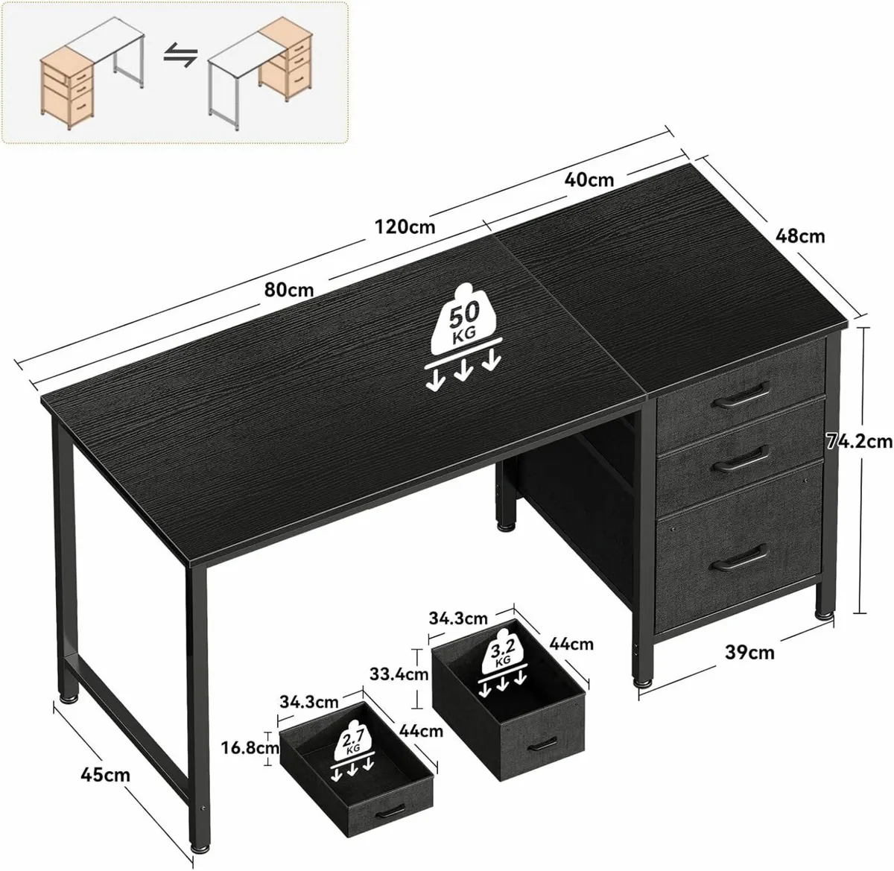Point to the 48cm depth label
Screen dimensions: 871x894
click(800, 236)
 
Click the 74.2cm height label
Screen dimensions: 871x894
click(858, 441)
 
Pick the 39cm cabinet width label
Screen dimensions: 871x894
click(749, 653)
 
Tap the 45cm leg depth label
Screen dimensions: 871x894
click(106, 775)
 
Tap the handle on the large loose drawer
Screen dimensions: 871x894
click(542, 744)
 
